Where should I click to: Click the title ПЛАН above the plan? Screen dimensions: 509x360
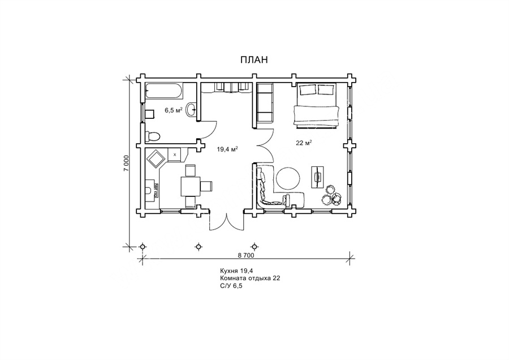pos(254,60)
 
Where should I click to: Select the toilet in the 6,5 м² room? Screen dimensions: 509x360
pos(152,136)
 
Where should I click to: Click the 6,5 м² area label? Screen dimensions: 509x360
pos(173,110)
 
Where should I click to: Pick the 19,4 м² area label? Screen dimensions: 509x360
pos(227,149)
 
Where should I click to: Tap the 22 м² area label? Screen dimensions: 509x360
pos(304,143)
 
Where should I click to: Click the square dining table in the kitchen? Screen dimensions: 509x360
pos(190,186)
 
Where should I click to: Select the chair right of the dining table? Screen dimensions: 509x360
pos(206,186)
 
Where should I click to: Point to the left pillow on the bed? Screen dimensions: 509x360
pos(308,89)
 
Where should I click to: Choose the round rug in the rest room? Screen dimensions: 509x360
pos(288,178)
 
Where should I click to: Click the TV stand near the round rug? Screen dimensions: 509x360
pos(318,177)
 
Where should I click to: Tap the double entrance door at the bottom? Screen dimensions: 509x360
pos(227,222)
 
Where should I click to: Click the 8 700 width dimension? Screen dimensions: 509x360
pos(246,255)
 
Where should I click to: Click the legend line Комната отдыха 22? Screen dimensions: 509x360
pos(250,278)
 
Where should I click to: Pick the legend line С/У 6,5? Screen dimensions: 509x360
pos(231,286)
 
